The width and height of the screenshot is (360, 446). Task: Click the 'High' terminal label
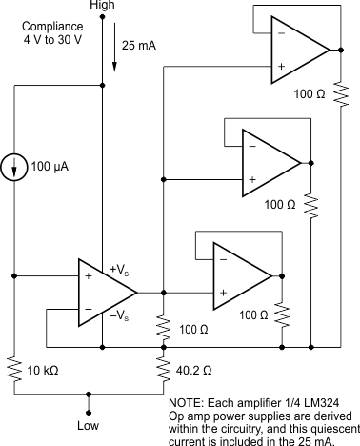click(x=102, y=7)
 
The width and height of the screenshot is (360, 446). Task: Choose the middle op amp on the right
click(x=271, y=162)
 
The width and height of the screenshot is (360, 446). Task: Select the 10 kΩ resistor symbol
click(x=15, y=368)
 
